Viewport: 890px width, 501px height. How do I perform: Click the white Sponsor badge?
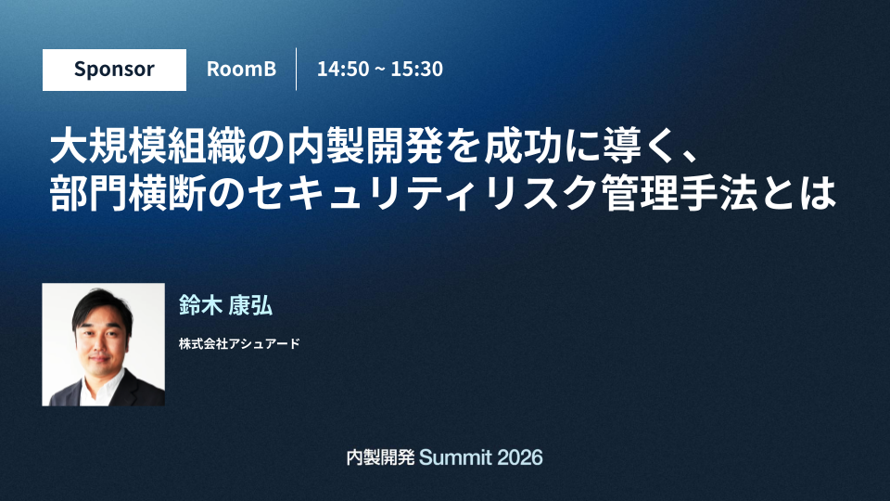114,70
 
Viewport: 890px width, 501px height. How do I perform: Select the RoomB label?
241,69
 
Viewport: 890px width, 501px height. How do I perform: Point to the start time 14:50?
343,69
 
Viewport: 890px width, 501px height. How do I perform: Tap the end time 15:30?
416,69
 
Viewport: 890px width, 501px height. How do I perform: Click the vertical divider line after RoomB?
297,70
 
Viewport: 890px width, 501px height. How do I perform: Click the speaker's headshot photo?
103,345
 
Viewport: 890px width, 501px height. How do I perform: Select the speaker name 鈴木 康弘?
225,305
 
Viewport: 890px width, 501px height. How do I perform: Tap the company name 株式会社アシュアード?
239,343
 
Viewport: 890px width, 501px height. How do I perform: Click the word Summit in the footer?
455,457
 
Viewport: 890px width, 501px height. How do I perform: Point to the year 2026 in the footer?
519,457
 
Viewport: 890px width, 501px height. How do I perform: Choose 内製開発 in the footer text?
380,457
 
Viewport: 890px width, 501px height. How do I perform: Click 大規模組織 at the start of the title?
148,148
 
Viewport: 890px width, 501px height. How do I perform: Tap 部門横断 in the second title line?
128,193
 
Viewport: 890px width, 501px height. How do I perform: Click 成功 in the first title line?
522,148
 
